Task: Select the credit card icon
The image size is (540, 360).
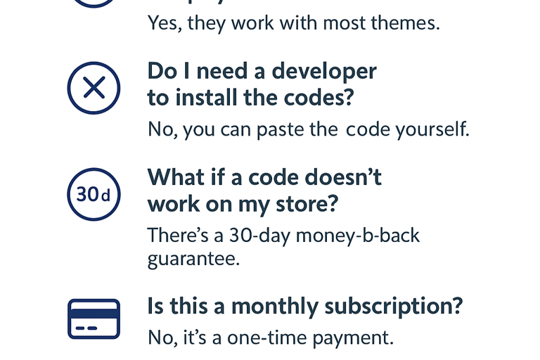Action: point(94,319)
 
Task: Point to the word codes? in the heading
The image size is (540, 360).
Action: point(319,98)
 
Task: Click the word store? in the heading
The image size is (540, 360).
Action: point(307,205)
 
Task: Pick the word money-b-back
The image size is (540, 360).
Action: point(357,236)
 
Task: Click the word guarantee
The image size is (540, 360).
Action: point(193,259)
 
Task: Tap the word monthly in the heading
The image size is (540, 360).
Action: point(275,307)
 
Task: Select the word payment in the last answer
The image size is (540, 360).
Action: point(353,338)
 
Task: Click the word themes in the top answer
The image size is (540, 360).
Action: point(405,23)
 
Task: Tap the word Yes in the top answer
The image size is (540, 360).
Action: point(165,23)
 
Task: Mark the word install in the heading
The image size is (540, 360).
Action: point(206,98)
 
